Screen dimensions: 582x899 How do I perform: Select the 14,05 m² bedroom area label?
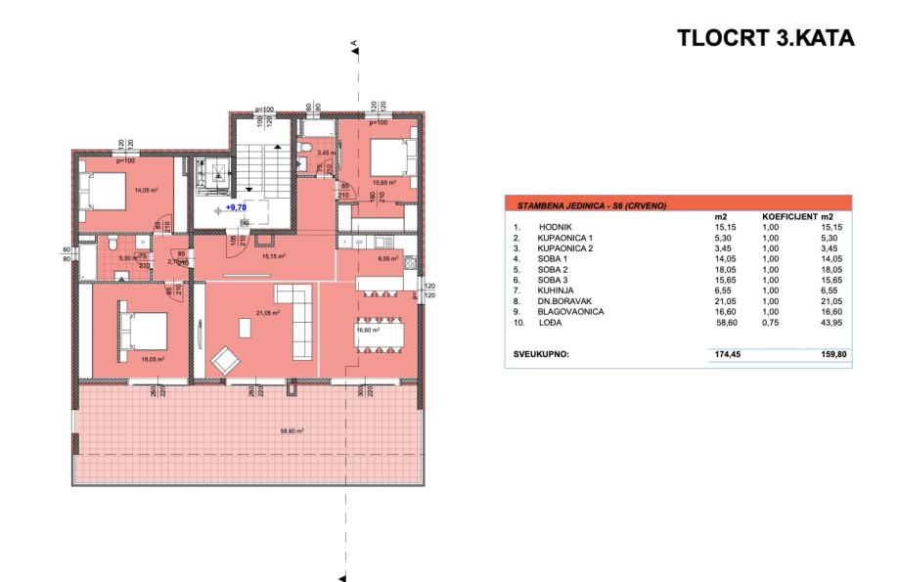coord(148,191)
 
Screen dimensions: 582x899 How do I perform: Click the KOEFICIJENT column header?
coord(792,215)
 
